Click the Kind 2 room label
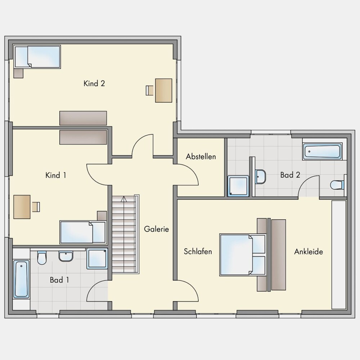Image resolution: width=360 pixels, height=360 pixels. (94, 84)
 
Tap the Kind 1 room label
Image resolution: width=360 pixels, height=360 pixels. (56, 175)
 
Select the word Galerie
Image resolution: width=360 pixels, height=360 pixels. (156, 229)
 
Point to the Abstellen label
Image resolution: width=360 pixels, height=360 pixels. (201, 157)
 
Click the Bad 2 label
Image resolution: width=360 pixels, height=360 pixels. (290, 175)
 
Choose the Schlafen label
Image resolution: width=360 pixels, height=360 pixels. (198, 251)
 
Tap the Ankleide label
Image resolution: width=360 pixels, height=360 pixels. (309, 252)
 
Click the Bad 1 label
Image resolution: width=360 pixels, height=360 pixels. (59, 280)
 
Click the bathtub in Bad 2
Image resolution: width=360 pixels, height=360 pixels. (322, 151)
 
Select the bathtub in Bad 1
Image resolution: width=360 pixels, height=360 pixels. (21, 279)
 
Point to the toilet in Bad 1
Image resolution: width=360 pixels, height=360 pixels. (42, 258)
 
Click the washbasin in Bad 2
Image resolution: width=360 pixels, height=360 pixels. (260, 176)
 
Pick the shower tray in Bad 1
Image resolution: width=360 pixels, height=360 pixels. (97, 258)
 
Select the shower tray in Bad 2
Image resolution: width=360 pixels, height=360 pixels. (238, 186)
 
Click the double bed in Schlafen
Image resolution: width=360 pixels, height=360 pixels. (242, 255)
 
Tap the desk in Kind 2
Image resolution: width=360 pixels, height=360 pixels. (164, 90)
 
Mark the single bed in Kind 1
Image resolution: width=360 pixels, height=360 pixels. (83, 232)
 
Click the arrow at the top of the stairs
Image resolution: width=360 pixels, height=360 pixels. (124, 199)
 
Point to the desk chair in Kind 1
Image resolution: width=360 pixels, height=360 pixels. (36, 207)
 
